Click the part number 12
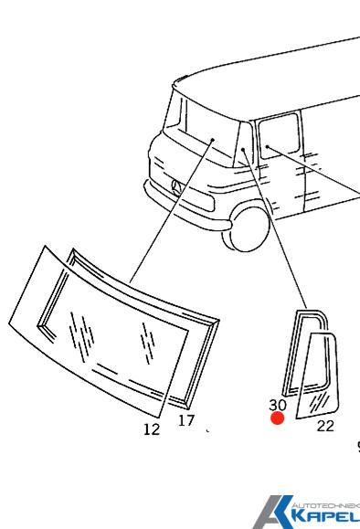tap(152, 428)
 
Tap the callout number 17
tap(186, 421)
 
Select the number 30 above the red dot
tap(278, 403)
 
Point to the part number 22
tap(325, 425)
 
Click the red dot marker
tap(278, 418)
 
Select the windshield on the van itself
tap(211, 137)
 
